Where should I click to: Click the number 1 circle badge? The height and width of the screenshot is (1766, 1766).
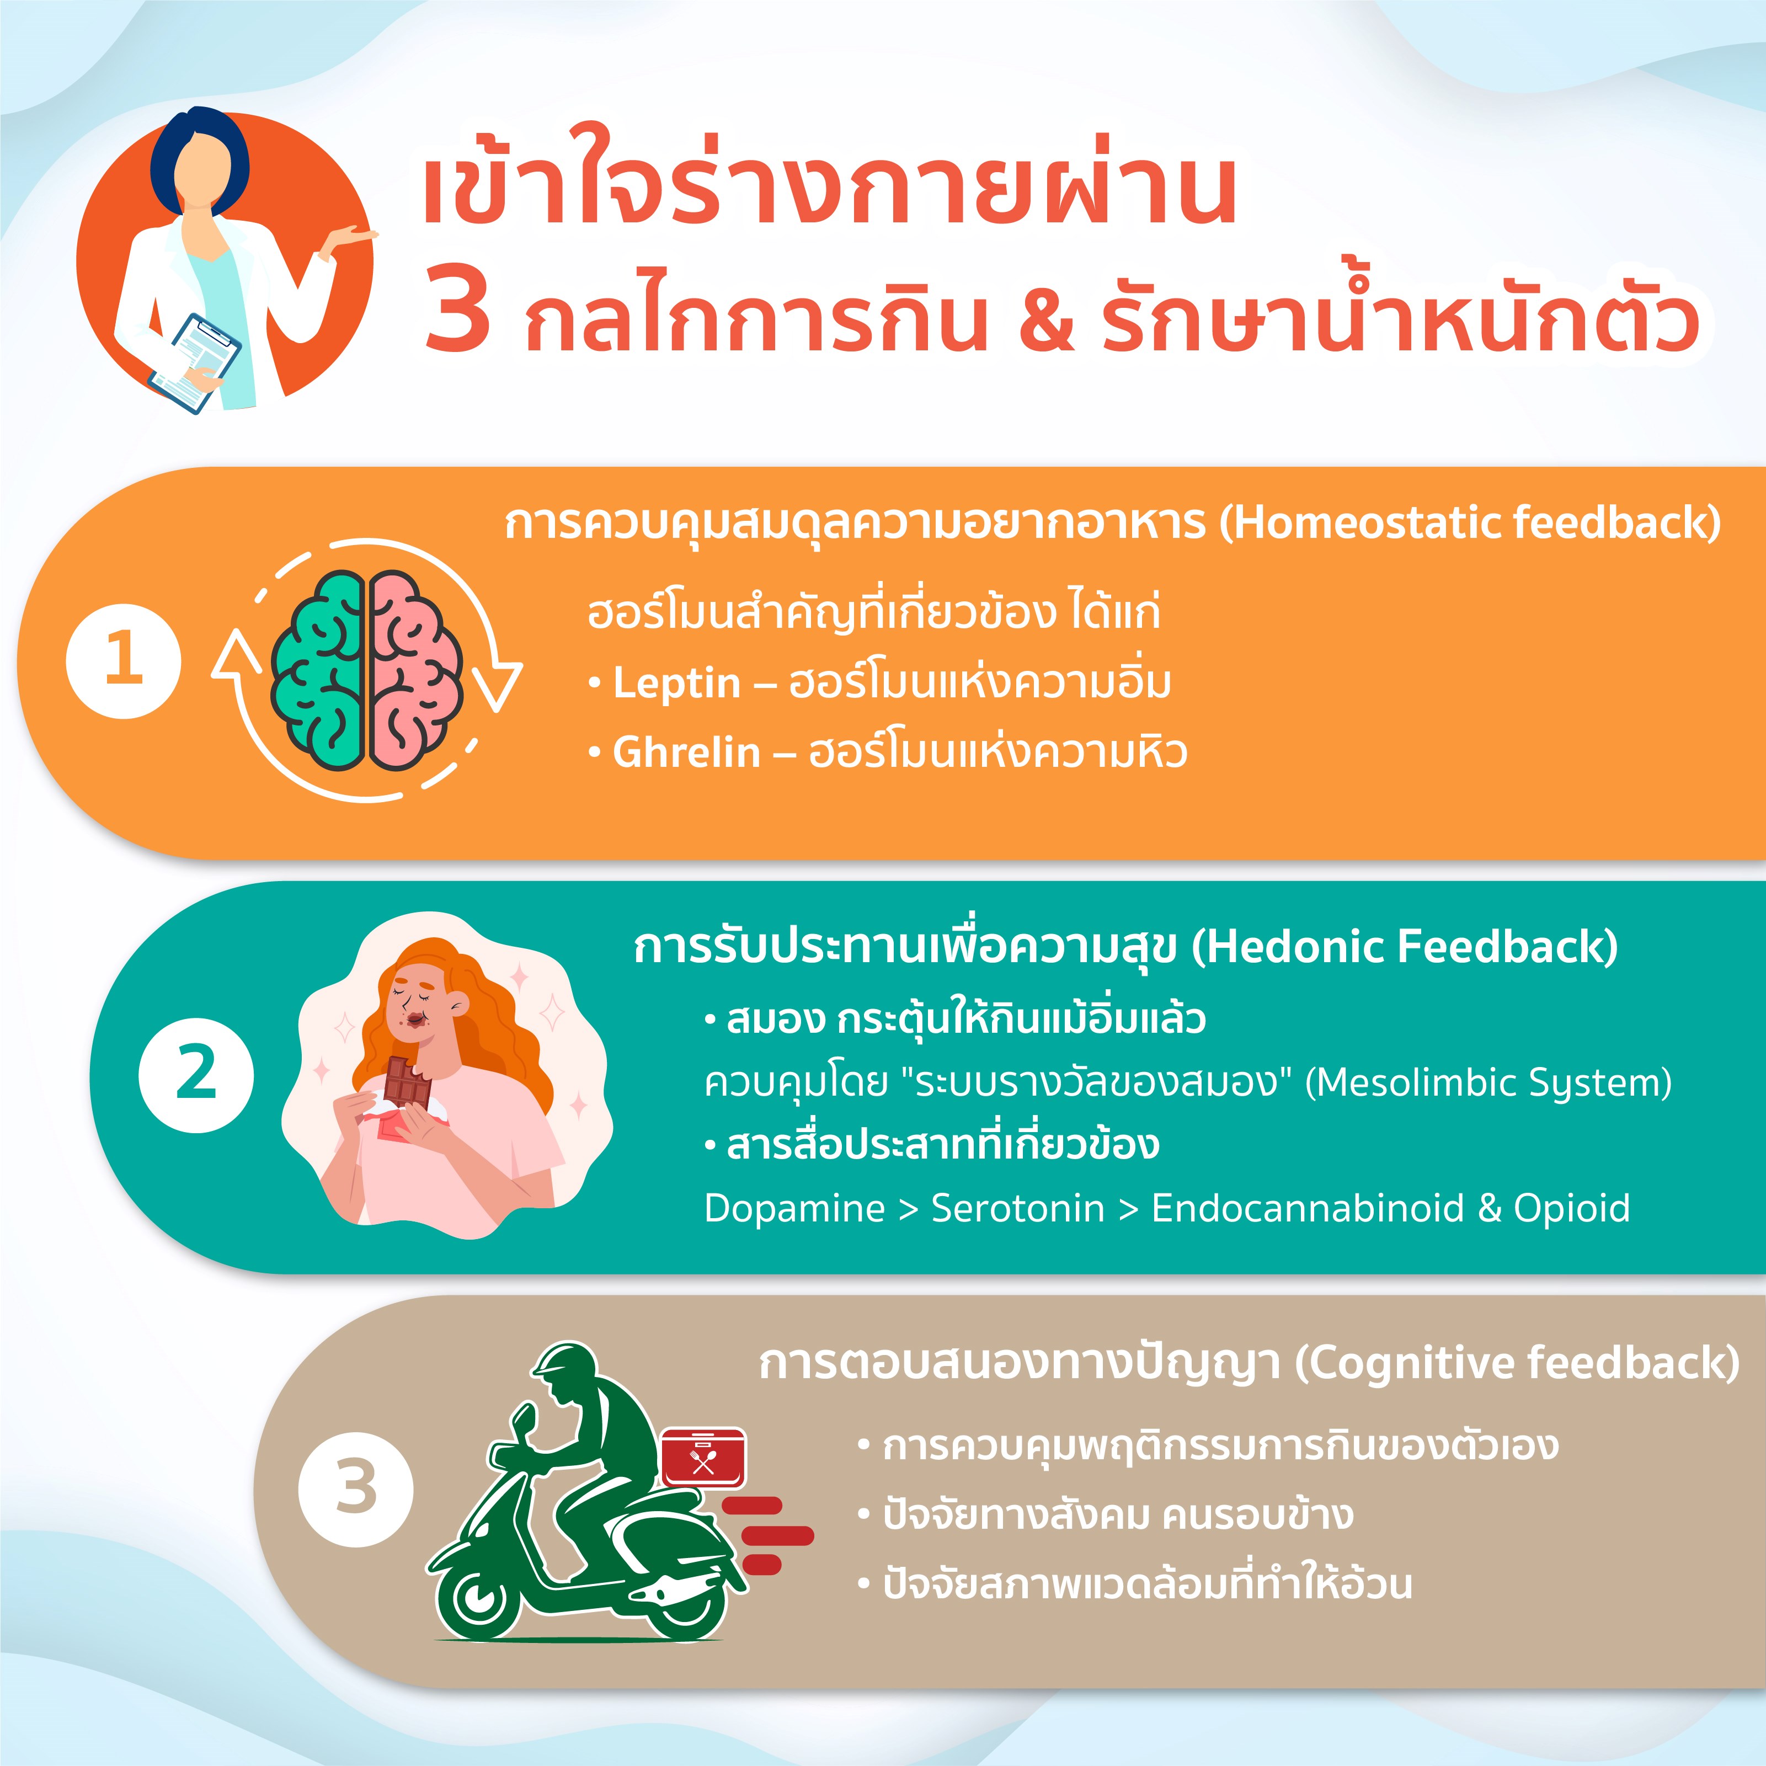(x=124, y=662)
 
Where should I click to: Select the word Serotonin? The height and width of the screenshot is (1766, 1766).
(x=1017, y=1208)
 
